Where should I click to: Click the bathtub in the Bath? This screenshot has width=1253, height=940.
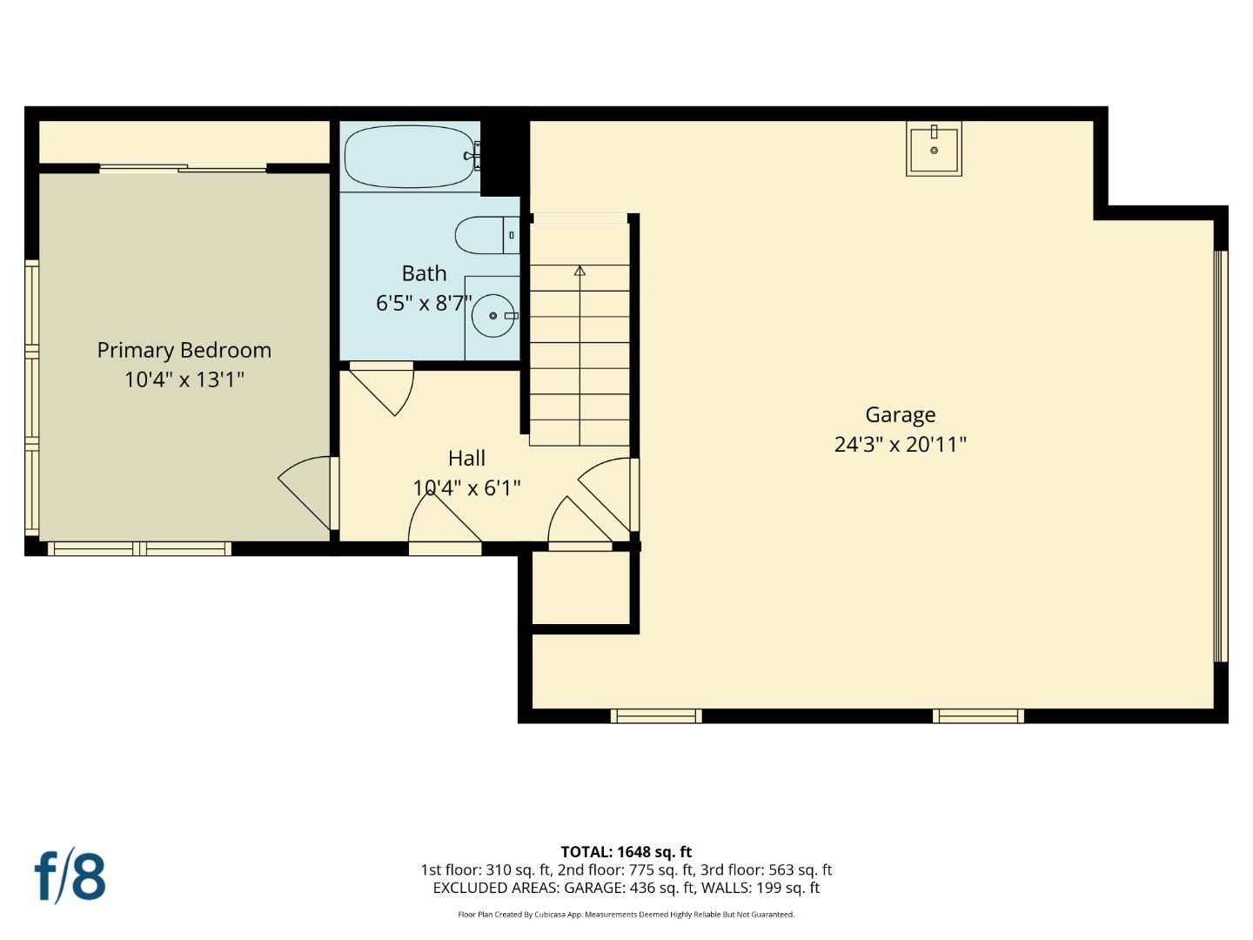pos(409,158)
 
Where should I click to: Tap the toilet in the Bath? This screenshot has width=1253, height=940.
pos(484,235)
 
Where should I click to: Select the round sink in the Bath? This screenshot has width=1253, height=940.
pos(492,316)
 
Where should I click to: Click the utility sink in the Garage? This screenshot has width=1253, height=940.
pos(934,150)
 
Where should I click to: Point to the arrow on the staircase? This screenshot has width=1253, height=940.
pos(580,271)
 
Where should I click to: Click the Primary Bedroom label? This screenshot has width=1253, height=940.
pos(184,350)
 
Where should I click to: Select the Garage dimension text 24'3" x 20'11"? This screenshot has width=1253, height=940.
pos(901,445)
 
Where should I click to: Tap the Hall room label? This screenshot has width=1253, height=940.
pos(466,458)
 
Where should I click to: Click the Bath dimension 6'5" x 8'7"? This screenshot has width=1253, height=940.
pos(424,303)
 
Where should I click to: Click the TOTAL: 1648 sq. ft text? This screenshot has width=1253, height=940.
pos(626,852)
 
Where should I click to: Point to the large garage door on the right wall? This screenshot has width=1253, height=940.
pos(1220,457)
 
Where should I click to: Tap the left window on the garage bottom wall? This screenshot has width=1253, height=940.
pos(656,716)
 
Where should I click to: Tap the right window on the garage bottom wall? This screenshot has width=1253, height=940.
pos(978,716)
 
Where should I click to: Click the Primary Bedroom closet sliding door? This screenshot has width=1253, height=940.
pos(183,169)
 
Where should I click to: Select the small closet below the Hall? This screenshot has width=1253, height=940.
pos(580,587)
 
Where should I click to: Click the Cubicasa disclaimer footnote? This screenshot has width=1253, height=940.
pos(626,915)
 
